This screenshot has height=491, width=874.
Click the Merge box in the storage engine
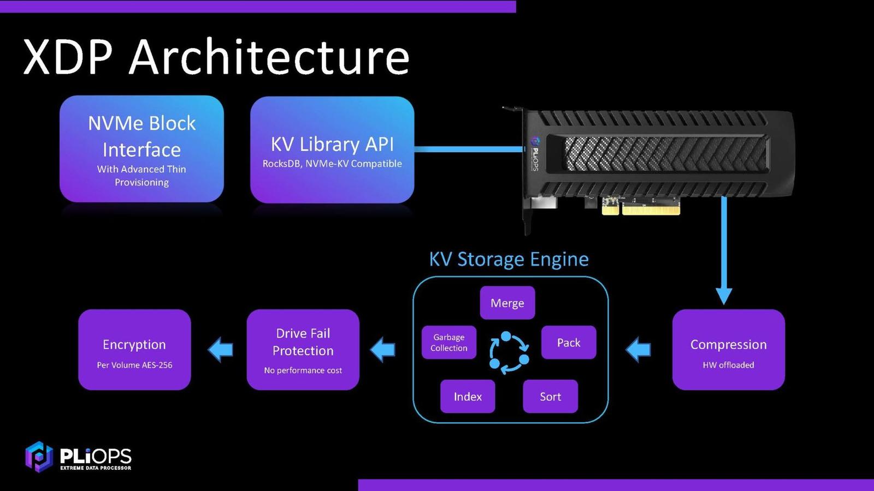click(x=507, y=303)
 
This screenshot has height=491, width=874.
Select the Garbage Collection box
click(x=448, y=343)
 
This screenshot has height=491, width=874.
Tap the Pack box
click(x=568, y=343)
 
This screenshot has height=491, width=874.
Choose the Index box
click(x=468, y=397)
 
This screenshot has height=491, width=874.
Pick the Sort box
click(x=550, y=397)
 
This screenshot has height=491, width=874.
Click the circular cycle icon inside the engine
click(x=509, y=352)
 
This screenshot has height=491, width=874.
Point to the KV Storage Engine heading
click(x=509, y=259)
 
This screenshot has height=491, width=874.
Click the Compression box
click(x=728, y=350)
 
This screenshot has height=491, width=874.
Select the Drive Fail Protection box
click(x=303, y=350)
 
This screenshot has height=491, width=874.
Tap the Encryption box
click(x=134, y=350)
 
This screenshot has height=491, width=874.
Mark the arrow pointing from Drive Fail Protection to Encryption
click(x=221, y=349)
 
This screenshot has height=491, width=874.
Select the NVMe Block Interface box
click(x=141, y=148)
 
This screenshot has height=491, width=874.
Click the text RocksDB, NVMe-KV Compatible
click(x=332, y=164)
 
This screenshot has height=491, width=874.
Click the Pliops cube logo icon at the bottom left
click(x=38, y=456)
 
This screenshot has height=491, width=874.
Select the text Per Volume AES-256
click(x=134, y=365)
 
